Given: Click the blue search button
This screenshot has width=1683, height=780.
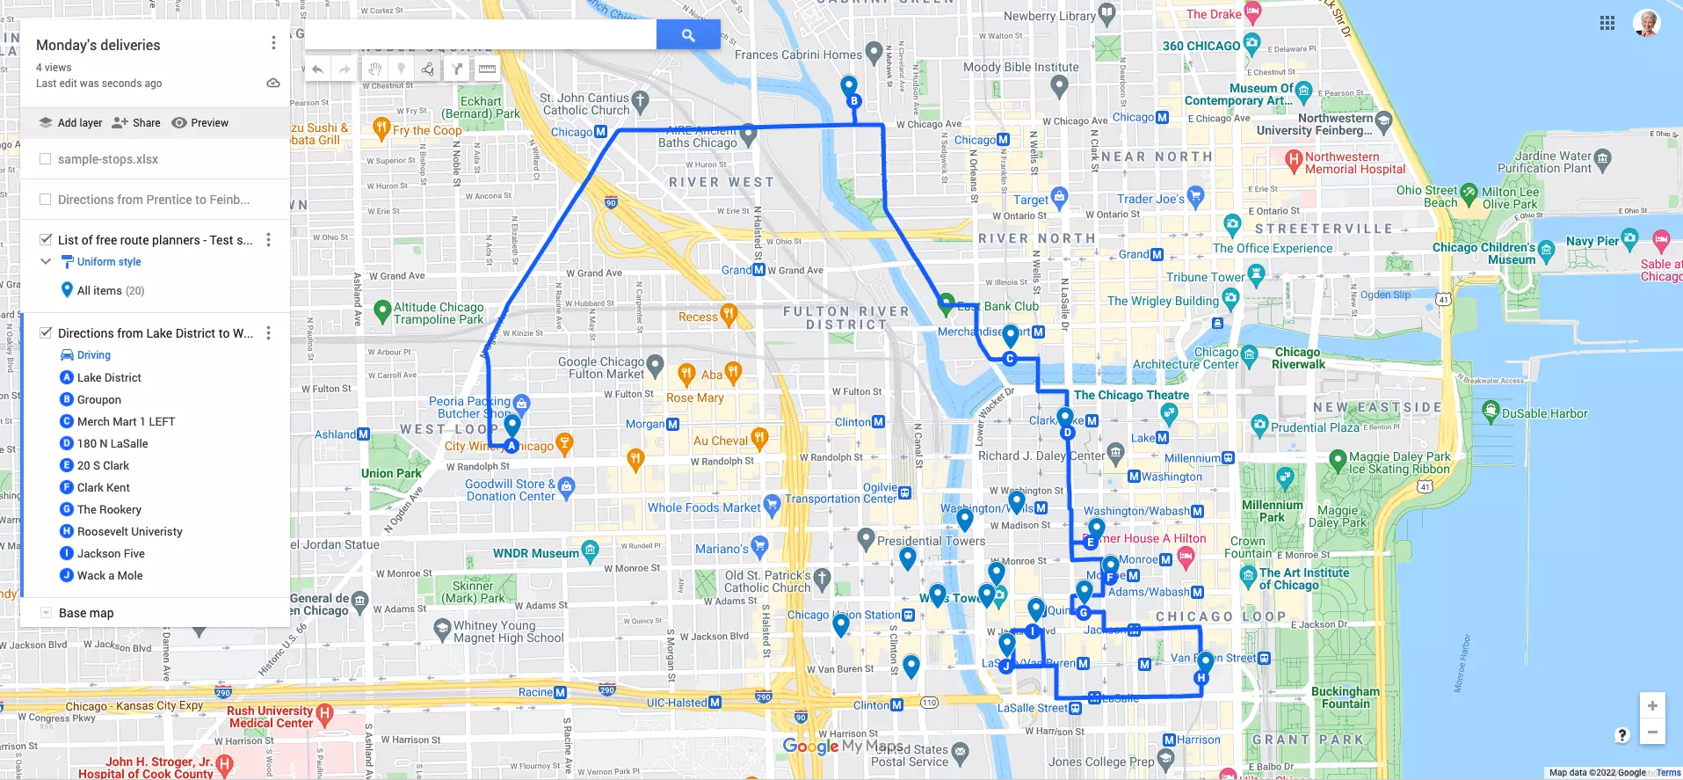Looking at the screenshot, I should pyautogui.click(x=688, y=35).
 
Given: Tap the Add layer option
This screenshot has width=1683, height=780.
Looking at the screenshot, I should pyautogui.click(x=71, y=123).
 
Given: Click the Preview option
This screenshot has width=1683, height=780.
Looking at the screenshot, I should pyautogui.click(x=200, y=123).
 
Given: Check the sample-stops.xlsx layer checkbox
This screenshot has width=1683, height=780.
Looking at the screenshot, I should pyautogui.click(x=46, y=159).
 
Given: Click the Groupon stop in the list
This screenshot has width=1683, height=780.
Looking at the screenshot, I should pyautogui.click(x=98, y=399).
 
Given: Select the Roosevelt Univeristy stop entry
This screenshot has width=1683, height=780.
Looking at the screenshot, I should pyautogui.click(x=129, y=531).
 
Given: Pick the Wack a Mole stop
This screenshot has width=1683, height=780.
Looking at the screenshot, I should pyautogui.click(x=110, y=575).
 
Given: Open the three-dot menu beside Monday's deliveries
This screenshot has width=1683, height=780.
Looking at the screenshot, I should pyautogui.click(x=273, y=43).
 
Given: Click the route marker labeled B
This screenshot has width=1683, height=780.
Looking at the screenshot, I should pyautogui.click(x=853, y=101).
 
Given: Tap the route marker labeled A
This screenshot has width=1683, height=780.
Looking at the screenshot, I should pyautogui.click(x=511, y=446).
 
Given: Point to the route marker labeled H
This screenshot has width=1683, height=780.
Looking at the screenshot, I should pyautogui.click(x=1201, y=678).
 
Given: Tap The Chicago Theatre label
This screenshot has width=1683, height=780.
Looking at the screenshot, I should pyautogui.click(x=1131, y=396).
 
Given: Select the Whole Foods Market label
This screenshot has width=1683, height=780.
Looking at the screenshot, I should pyautogui.click(x=704, y=507).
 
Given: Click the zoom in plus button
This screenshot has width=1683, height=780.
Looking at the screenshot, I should pyautogui.click(x=1652, y=705).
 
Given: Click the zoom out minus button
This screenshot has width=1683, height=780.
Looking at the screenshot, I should pyautogui.click(x=1652, y=732).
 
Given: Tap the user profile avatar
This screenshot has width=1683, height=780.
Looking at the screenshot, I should pyautogui.click(x=1647, y=23).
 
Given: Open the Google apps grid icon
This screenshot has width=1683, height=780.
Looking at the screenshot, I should pyautogui.click(x=1607, y=24).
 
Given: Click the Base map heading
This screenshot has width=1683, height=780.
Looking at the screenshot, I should pyautogui.click(x=86, y=613).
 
